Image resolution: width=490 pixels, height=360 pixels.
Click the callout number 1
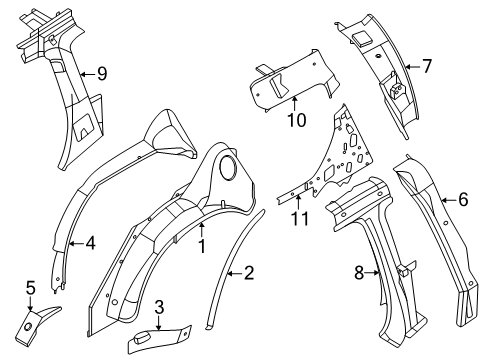click(202, 246)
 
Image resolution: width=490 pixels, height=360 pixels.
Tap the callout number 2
click(249, 273)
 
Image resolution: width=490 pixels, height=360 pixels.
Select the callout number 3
click(159, 307)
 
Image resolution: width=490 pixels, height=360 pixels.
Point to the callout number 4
click(90, 243)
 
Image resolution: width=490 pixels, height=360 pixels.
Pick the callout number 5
click(30, 288)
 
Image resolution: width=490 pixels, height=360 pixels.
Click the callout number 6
click(463, 199)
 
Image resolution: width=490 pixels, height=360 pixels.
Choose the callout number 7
click(427, 66)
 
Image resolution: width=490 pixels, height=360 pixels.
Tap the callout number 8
click(359, 273)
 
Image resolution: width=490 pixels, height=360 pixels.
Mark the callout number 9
click(102, 73)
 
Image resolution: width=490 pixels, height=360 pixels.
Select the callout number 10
click(296, 120)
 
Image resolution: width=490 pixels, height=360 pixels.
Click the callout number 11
click(300, 219)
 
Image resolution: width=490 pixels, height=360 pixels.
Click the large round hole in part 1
click(228, 166)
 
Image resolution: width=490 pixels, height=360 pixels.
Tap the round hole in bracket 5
click(28, 327)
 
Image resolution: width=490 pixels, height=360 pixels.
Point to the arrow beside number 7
click(413, 67)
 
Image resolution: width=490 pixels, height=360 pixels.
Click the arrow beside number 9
click(88, 74)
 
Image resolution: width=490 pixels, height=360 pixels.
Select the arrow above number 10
click(295, 103)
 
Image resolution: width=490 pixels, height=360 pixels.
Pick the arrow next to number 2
click(234, 274)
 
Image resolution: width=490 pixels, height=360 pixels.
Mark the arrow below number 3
click(158, 323)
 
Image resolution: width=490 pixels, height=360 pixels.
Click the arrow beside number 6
click(448, 200)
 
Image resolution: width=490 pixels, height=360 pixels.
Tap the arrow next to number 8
click(373, 273)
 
